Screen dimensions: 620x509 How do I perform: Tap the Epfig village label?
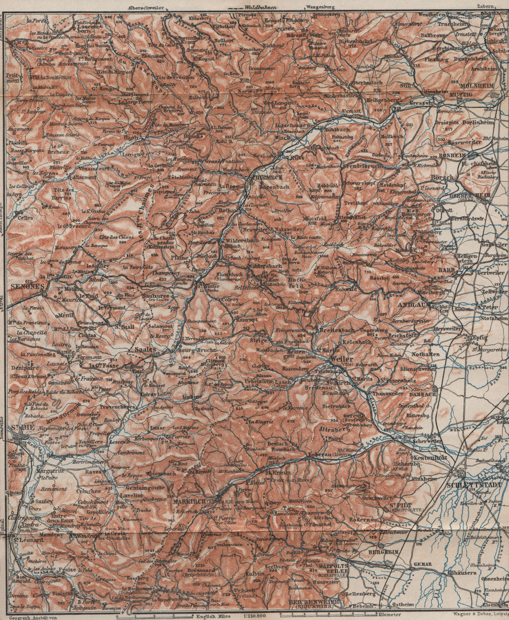pos(479,337)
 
